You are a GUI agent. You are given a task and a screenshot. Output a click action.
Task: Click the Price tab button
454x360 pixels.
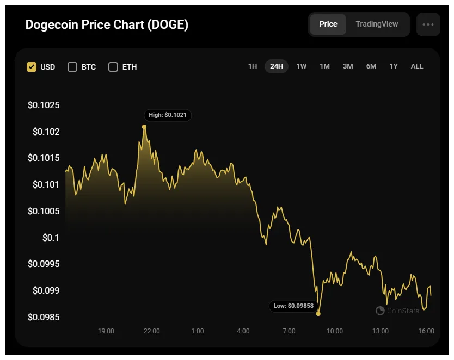pos(328,24)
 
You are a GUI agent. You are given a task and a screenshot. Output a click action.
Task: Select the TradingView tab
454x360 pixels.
pos(377,24)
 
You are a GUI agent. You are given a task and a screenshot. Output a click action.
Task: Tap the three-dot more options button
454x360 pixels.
pos(428,24)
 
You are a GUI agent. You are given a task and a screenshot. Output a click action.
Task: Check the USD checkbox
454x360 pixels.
pos(32,67)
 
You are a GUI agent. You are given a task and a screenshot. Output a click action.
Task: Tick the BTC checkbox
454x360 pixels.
pos(72,67)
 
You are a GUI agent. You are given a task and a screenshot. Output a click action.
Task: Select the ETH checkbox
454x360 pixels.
pos(113,67)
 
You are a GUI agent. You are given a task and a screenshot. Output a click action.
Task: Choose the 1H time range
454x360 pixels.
pos(253,66)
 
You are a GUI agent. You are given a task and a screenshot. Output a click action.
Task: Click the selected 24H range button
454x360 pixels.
pos(277,66)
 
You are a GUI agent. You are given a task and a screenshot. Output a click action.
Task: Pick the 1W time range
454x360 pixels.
pos(301,66)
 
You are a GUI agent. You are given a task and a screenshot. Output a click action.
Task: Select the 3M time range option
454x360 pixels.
pos(348,66)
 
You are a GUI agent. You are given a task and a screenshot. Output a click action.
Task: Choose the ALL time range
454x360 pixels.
pos(416,66)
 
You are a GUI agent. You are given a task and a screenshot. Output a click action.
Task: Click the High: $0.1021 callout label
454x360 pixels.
pos(168,115)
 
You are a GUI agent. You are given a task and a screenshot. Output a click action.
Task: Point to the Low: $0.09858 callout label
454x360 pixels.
pos(293,306)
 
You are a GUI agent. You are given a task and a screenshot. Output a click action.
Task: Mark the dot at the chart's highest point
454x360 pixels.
pos(144,127)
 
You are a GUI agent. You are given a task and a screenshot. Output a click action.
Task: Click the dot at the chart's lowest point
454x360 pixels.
pos(318,314)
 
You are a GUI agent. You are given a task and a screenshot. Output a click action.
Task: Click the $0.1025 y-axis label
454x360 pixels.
pos(44,105)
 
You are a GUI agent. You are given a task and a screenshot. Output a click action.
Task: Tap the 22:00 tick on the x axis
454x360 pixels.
pos(151,331)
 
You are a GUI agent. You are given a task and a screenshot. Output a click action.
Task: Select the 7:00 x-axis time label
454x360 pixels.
pos(289,331)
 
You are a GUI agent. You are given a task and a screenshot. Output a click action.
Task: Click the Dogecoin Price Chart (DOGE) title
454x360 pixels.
pos(107,25)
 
